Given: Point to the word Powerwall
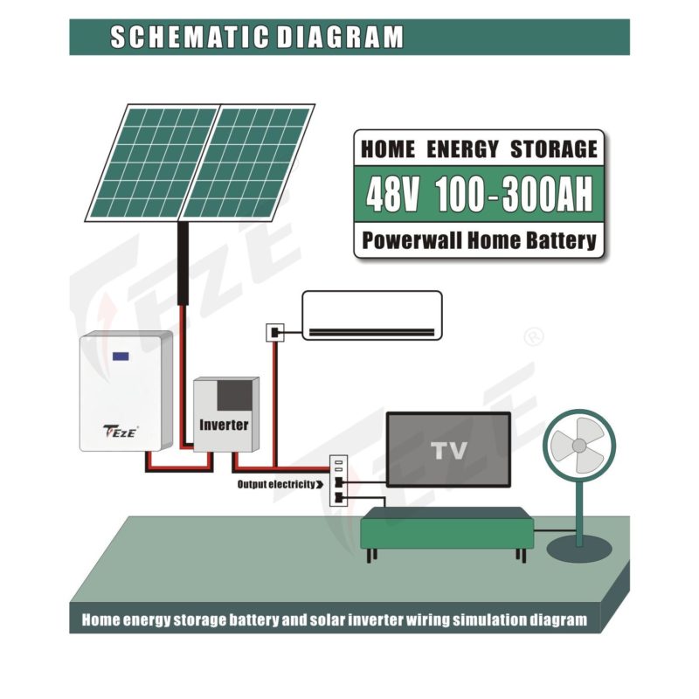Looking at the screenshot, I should [416, 240].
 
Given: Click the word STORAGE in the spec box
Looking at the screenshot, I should [553, 148].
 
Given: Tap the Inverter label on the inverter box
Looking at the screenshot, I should [224, 426].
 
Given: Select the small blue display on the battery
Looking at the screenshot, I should [120, 356].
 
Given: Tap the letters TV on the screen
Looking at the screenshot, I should [448, 451].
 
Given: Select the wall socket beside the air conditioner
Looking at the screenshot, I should [273, 333].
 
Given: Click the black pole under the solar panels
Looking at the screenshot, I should [184, 262].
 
